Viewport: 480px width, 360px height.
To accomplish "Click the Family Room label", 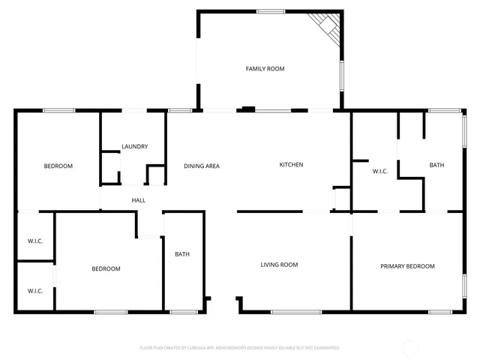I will [265, 69].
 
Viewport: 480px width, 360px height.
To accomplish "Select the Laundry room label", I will [134, 147].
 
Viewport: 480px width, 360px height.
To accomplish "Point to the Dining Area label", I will [202, 166].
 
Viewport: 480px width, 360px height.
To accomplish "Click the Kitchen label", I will [291, 165].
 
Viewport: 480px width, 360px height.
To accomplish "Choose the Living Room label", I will [279, 265].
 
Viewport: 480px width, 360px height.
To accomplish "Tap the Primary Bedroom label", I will [407, 266].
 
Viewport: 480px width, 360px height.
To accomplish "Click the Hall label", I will [139, 200].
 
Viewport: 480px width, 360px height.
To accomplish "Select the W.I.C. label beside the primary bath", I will [380, 172].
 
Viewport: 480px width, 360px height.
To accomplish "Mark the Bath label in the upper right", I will [436, 165].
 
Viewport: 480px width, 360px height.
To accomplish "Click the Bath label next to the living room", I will [182, 254].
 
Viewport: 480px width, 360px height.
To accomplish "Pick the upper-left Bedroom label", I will [58, 166].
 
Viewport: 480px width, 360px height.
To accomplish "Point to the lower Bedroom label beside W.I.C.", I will [106, 268].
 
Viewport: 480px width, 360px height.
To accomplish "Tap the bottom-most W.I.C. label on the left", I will [35, 291].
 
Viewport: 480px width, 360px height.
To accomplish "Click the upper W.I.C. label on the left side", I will [35, 241].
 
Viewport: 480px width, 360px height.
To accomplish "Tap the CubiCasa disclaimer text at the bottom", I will [239, 348].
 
